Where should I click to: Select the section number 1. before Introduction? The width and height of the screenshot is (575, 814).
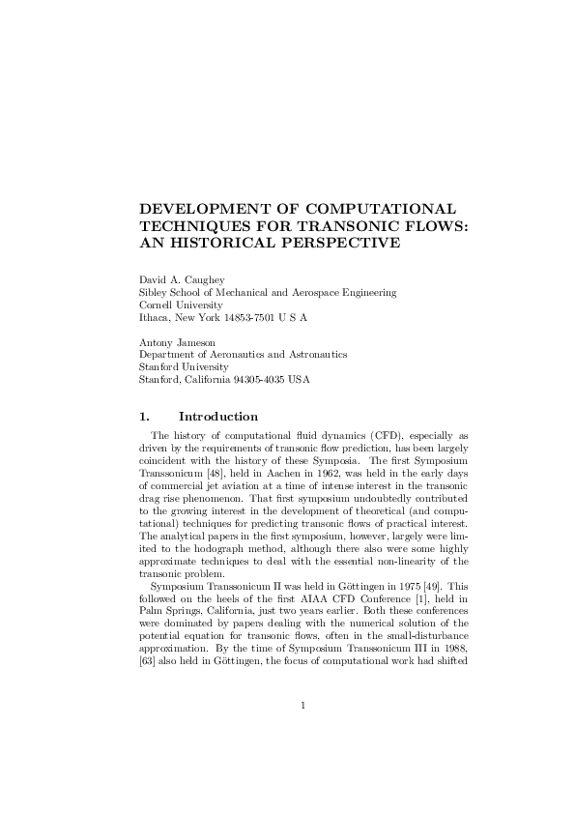tap(145, 417)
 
